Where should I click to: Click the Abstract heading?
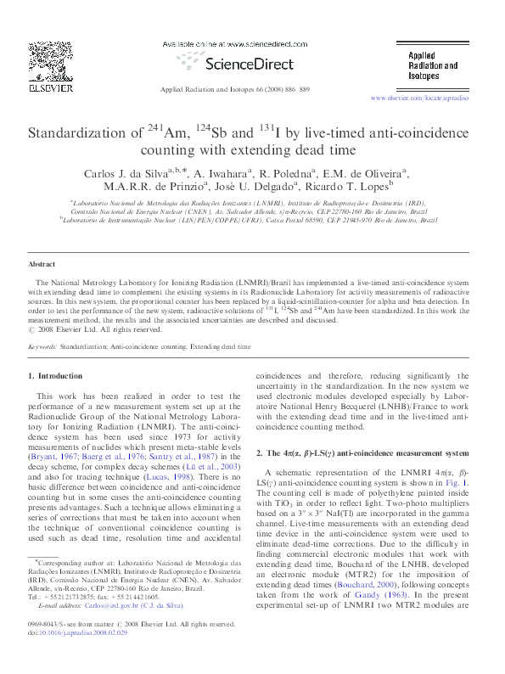click(42, 265)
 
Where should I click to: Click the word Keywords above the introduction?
click(42, 347)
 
